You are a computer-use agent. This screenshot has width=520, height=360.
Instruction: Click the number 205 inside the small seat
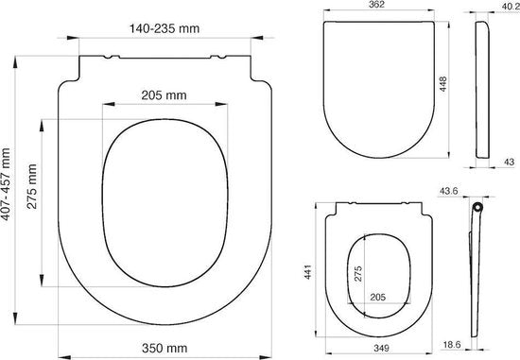tap(377, 296)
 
